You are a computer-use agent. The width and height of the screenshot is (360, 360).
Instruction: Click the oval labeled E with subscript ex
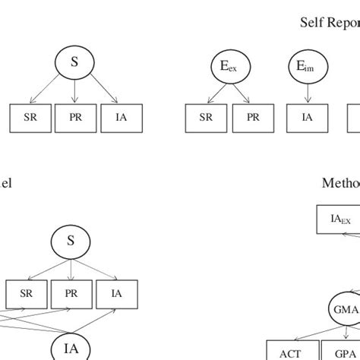coord(229,67)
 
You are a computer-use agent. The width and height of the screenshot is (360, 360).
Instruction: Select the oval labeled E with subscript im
coord(306,67)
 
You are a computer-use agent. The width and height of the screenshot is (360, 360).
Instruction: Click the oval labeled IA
coord(71,348)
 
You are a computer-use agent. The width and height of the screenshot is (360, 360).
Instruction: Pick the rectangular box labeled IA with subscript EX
coord(339,221)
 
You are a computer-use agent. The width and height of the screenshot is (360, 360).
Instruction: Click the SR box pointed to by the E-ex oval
coord(206,118)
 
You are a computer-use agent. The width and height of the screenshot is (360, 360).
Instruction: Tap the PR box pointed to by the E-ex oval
coord(253,118)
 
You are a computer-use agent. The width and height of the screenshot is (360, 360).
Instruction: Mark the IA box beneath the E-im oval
coord(307,118)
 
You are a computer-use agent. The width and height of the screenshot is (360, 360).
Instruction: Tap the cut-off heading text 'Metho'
coord(340,183)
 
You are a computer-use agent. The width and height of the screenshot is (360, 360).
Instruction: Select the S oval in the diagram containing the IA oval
coord(71,241)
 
